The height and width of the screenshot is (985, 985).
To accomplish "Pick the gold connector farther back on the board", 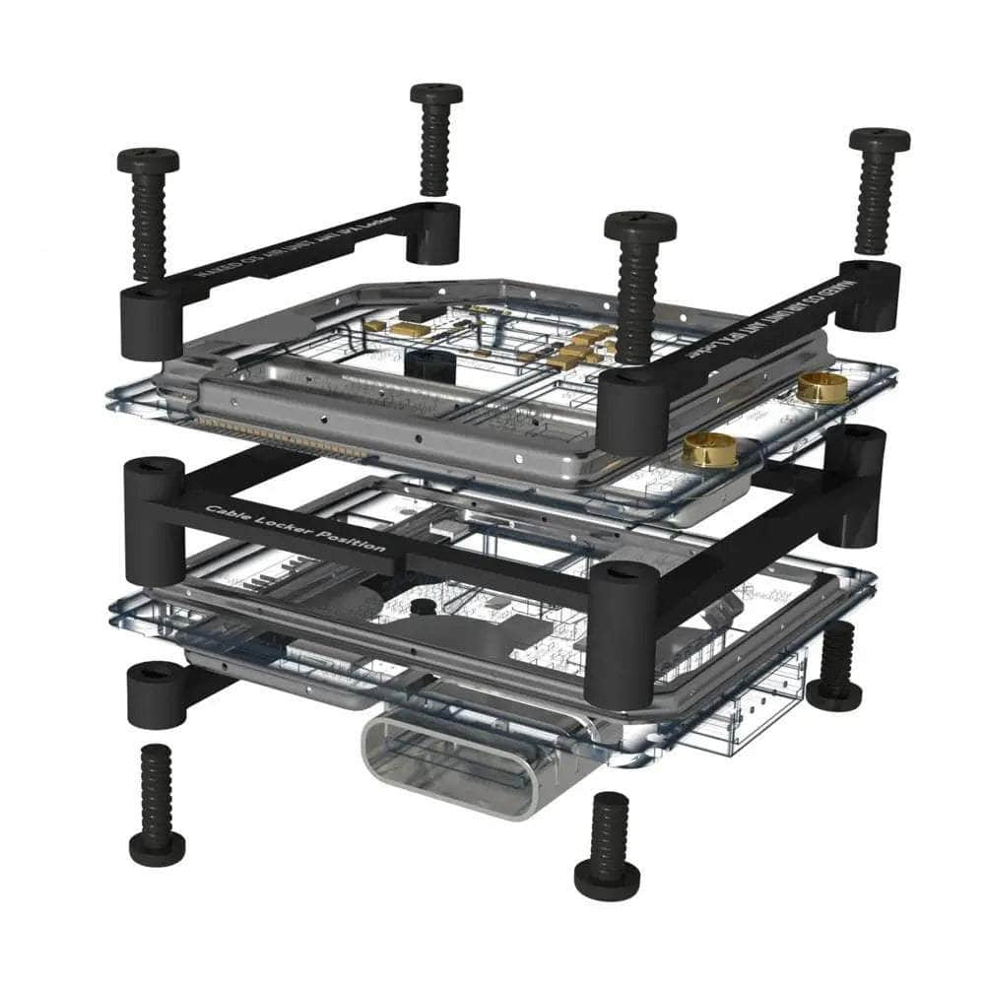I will pyautogui.click(x=822, y=386).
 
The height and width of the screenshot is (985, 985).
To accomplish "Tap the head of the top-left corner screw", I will pyautogui.click(x=148, y=160).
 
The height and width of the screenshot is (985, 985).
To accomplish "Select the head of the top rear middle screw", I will pyautogui.click(x=436, y=94).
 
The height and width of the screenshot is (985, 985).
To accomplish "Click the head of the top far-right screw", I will pyautogui.click(x=879, y=139).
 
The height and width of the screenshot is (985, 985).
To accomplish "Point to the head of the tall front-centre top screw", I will pyautogui.click(x=640, y=225).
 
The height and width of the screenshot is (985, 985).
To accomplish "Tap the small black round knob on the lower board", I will pyautogui.click(x=423, y=607).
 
